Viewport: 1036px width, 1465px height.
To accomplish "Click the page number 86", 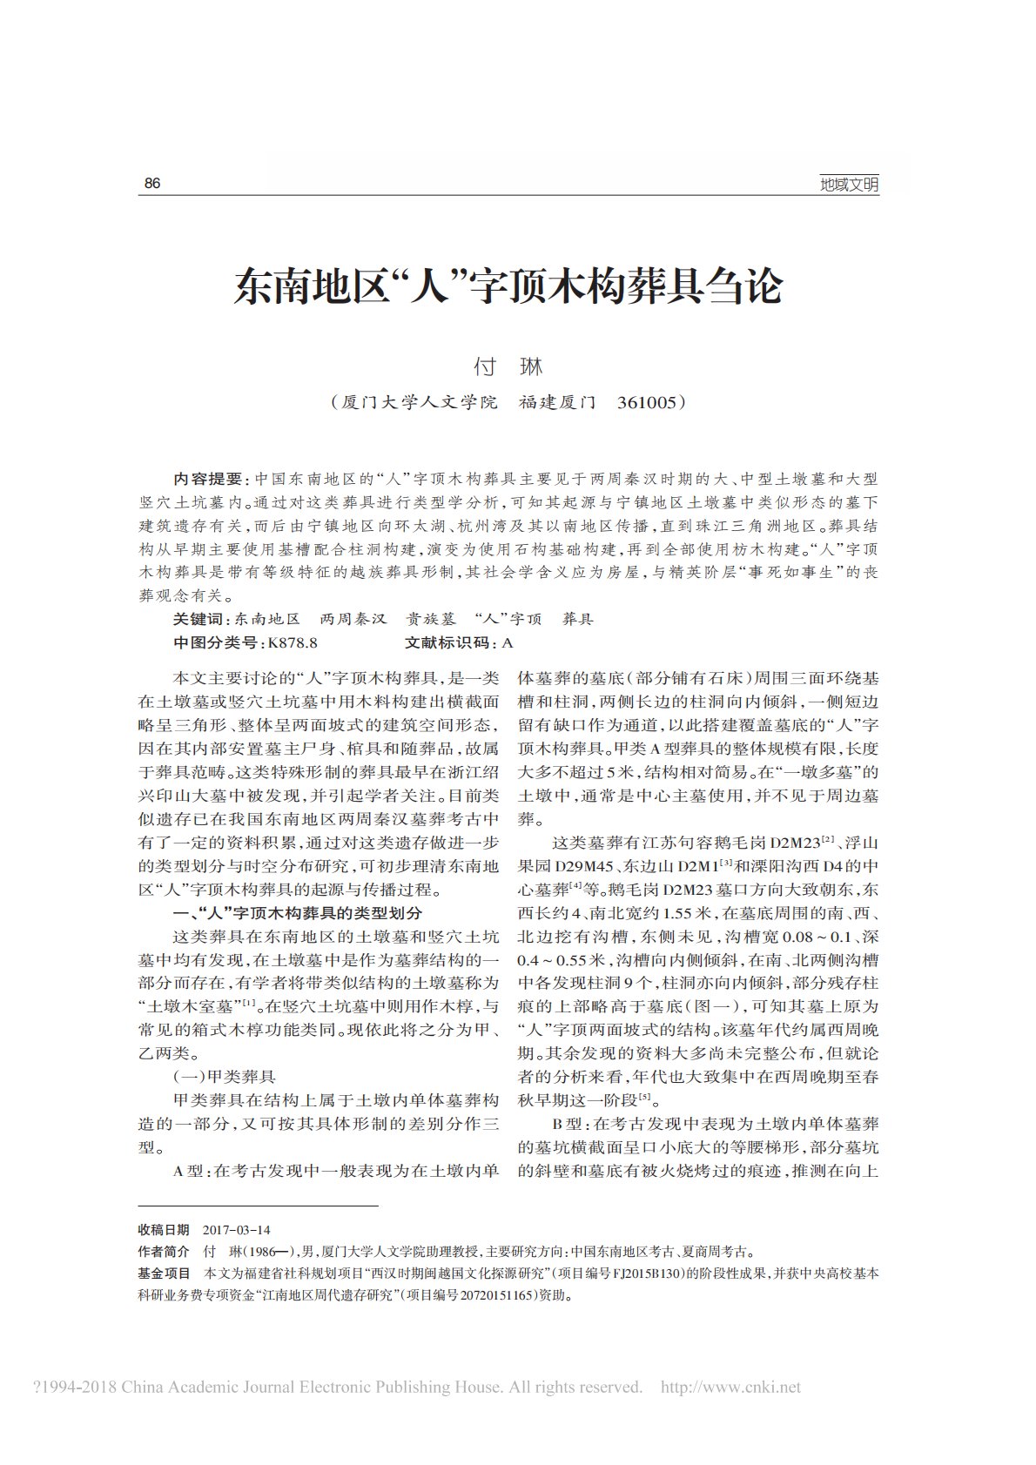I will [x=152, y=184].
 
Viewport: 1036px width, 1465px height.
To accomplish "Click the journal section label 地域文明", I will [x=849, y=185].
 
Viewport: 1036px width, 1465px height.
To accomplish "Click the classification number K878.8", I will [x=293, y=643].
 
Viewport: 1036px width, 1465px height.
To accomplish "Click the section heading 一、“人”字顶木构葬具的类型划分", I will [x=298, y=913].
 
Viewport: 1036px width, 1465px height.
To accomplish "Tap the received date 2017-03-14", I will [x=236, y=1230].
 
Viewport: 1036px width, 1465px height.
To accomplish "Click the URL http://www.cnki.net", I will [x=730, y=1387].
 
